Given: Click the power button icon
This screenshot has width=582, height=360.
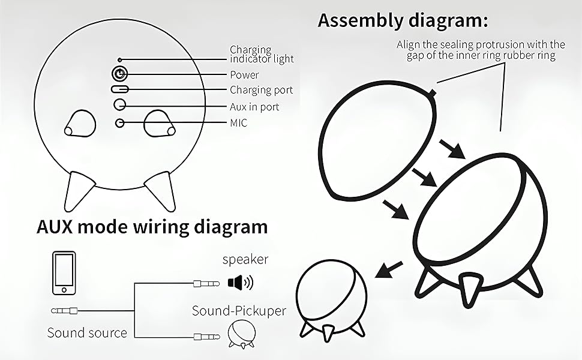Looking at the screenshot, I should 120,74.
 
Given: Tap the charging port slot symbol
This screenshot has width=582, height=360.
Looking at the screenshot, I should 120,89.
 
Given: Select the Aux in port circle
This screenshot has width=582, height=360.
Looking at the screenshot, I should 120,104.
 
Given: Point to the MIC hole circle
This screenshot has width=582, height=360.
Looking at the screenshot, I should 120,123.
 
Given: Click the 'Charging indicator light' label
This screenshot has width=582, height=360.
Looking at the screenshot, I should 262,54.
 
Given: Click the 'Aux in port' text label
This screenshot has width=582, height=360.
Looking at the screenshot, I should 254,107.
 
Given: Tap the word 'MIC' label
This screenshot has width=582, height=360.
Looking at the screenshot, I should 238,123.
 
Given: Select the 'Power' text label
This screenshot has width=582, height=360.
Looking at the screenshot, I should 244,75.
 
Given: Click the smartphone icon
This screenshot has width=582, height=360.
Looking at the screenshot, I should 64,273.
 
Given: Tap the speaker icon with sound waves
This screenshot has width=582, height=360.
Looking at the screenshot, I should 241,282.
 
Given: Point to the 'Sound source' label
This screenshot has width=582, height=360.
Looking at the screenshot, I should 87,332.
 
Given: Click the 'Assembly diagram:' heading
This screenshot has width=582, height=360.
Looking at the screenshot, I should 403,20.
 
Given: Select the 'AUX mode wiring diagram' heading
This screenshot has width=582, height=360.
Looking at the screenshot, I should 152,227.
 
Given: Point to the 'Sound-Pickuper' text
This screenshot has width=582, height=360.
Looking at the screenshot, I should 239,311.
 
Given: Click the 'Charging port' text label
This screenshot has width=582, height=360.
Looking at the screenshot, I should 262,91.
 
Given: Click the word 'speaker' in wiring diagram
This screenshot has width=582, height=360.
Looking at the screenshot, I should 245,260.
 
